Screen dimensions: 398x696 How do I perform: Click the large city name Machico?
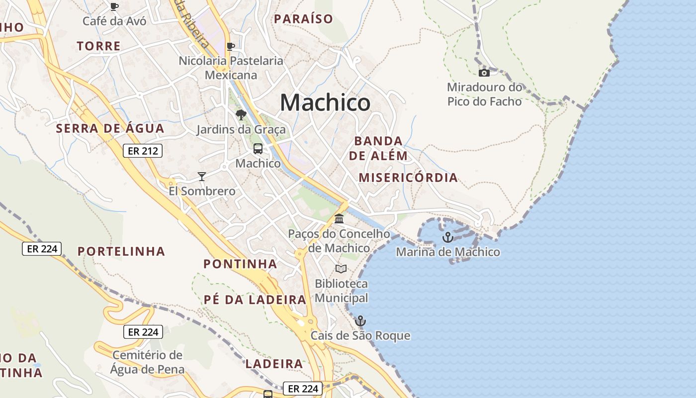[x=325, y=102]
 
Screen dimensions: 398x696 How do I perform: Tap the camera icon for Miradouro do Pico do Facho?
[x=484, y=73]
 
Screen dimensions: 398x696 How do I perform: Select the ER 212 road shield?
[x=143, y=150]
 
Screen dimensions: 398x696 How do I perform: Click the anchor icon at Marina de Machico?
[x=447, y=237]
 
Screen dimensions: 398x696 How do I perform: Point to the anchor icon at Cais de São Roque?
[x=360, y=321]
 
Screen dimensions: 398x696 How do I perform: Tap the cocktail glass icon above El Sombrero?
[x=201, y=176]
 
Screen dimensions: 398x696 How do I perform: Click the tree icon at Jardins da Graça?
[x=241, y=115]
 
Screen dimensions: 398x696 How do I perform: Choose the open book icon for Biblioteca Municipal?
[x=341, y=269]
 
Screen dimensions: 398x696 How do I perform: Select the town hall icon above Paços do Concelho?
[x=339, y=218]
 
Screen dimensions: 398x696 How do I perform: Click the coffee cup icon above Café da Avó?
[x=114, y=6]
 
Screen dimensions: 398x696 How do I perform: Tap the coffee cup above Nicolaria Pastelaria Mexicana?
[x=231, y=46]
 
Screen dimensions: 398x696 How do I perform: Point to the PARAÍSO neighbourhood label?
[x=304, y=19]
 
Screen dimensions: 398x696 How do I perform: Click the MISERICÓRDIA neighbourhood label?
[x=408, y=178]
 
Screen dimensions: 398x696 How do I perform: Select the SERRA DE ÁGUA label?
[x=110, y=128]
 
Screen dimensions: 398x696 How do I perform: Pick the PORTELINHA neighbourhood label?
[x=121, y=251]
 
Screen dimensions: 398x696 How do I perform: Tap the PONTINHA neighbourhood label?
[x=241, y=264]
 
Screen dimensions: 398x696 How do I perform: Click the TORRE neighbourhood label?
[x=99, y=46]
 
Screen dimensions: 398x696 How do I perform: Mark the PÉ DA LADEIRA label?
[x=255, y=299]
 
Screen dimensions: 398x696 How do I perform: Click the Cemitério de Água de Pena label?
[x=147, y=362]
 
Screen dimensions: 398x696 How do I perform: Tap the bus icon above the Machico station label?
[x=258, y=148]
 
